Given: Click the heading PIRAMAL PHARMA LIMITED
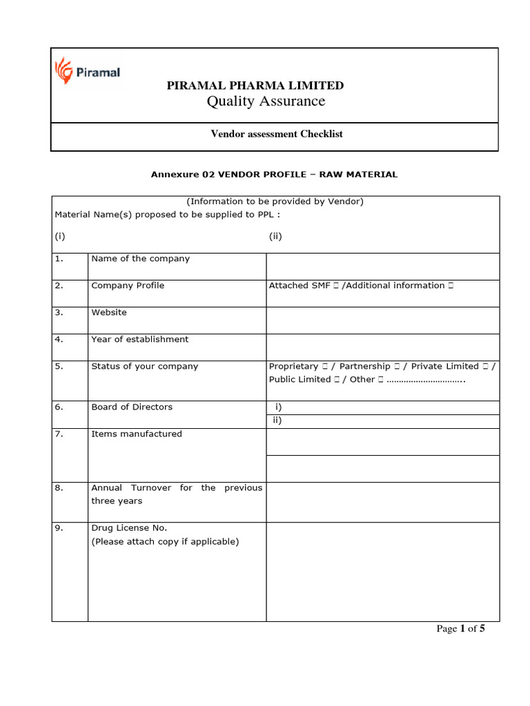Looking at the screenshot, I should click(x=255, y=85).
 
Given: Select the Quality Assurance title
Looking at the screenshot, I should click(x=266, y=102).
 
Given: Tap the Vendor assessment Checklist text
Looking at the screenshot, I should click(x=276, y=134).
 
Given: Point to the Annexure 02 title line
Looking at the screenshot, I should click(x=274, y=174).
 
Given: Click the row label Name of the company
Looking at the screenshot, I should click(x=140, y=259).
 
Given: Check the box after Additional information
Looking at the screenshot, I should click(x=450, y=285).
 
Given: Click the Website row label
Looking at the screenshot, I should click(x=109, y=312).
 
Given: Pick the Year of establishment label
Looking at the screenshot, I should click(x=139, y=339).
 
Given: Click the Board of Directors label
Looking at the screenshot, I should click(x=132, y=407).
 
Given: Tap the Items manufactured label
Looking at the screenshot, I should click(x=137, y=434).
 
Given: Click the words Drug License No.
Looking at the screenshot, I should click(x=129, y=528).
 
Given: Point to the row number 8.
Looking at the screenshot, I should click(x=59, y=487).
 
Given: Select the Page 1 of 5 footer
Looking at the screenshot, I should click(x=462, y=629).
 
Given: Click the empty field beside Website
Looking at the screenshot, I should click(x=382, y=320).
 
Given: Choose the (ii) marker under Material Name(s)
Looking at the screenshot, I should click(x=275, y=236).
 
